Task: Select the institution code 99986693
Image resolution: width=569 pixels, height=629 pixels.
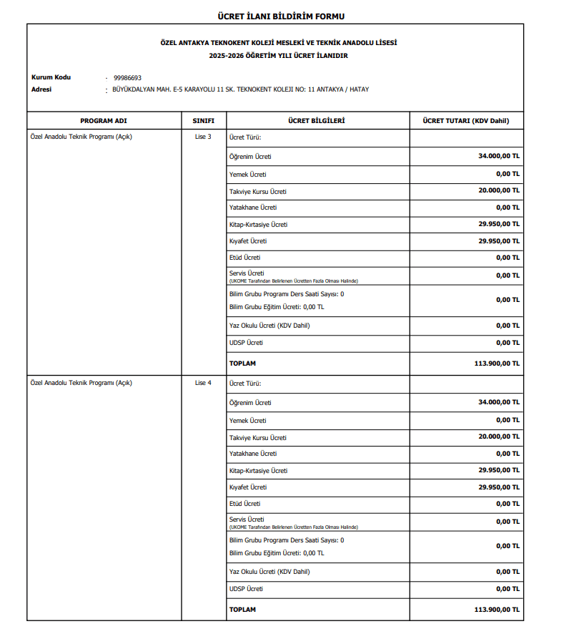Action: point(127,77)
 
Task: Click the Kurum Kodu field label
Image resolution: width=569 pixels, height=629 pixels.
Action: point(51,77)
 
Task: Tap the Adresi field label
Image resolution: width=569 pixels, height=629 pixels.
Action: point(41,89)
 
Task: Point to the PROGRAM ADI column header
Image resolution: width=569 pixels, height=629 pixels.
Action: point(103,121)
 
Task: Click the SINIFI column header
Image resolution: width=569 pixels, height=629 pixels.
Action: point(203,121)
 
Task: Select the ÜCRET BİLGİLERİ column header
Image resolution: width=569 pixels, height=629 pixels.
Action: point(317,121)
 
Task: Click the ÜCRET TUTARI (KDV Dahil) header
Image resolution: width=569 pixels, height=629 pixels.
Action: point(466,121)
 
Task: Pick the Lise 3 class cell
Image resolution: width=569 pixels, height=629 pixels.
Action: point(203,137)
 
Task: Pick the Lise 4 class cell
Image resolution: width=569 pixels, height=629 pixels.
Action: point(203,383)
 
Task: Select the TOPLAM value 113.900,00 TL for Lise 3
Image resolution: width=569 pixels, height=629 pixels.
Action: point(497,363)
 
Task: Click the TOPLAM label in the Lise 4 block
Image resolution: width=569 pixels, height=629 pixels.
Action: point(242,610)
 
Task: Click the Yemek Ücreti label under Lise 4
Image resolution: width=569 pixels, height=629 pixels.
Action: point(248,421)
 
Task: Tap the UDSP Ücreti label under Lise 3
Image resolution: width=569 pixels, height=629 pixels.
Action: point(246,343)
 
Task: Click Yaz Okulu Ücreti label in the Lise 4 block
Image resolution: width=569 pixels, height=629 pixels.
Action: point(269,572)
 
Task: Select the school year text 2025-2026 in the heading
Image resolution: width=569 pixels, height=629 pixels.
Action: point(227,55)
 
